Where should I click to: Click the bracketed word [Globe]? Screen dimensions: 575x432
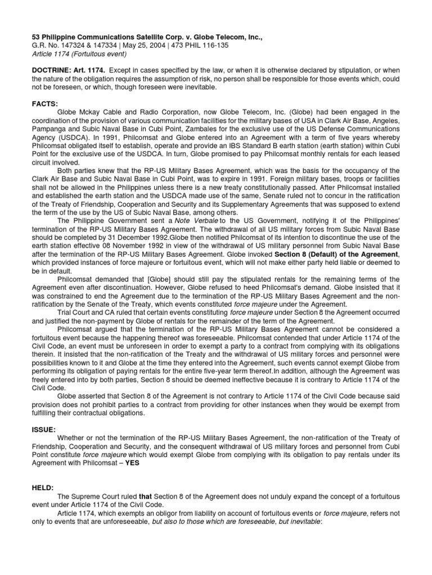coord(159,280)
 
